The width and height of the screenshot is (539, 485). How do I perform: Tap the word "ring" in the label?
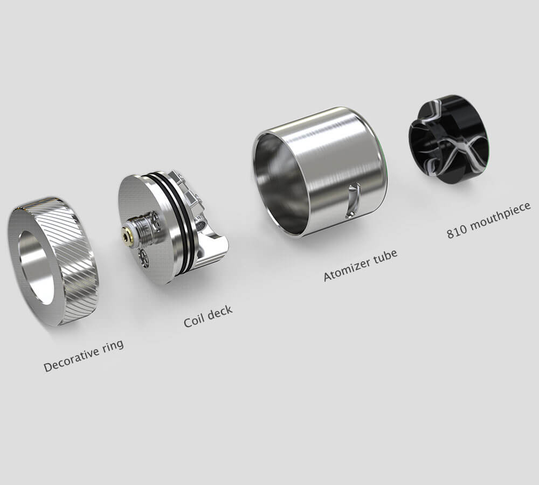(113, 347)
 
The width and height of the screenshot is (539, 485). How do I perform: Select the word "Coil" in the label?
(193, 321)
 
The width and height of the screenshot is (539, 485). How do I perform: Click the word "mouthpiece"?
(500, 217)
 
